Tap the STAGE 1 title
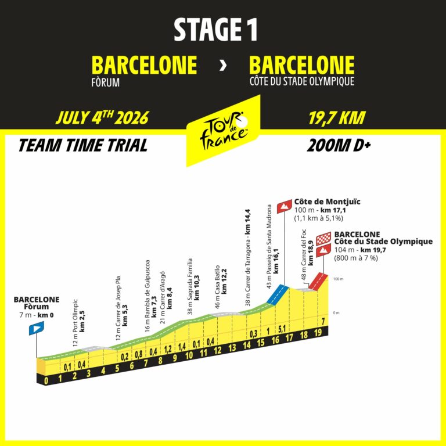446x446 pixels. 215,30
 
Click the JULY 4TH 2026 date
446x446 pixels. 102,118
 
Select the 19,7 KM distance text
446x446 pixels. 337,118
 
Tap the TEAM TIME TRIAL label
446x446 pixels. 82,145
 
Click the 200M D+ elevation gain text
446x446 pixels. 339,145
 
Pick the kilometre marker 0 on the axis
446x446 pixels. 46,381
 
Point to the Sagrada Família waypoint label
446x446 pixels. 194,287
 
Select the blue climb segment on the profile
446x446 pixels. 277,294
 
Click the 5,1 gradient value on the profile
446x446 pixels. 281,330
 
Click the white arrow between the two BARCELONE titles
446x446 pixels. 223,65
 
